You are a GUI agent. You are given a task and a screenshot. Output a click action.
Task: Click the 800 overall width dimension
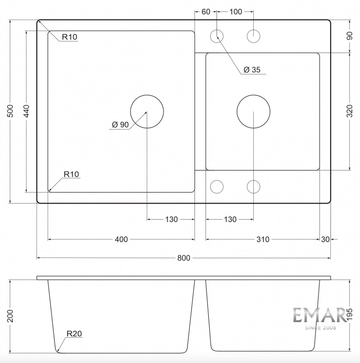click(x=184, y=258)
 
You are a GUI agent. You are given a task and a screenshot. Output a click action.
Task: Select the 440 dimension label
click(x=27, y=111)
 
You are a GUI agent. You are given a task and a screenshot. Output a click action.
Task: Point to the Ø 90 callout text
click(x=120, y=125)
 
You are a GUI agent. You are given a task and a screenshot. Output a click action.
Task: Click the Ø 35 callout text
click(x=252, y=69)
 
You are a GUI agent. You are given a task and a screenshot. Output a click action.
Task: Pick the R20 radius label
click(x=74, y=334)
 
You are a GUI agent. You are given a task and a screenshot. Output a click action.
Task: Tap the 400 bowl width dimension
click(x=121, y=239)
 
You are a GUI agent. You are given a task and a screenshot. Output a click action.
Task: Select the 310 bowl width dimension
click(x=263, y=239)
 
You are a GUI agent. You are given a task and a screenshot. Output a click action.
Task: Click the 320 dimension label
click(x=349, y=111)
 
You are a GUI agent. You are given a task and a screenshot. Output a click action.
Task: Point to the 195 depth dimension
click(x=349, y=314)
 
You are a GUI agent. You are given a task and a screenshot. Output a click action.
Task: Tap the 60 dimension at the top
click(x=206, y=11)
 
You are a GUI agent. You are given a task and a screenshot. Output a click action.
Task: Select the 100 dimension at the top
click(x=235, y=11)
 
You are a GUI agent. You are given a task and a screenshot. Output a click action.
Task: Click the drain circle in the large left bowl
click(x=147, y=111)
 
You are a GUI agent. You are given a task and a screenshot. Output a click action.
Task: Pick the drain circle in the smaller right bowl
click(x=253, y=111)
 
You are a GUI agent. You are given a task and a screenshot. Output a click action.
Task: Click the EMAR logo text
click(x=320, y=315)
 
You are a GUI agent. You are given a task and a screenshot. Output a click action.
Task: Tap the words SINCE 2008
click(x=320, y=328)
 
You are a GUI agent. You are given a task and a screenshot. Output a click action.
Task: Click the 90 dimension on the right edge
click(x=349, y=36)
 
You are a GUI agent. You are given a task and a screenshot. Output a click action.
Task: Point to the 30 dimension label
click(x=325, y=239)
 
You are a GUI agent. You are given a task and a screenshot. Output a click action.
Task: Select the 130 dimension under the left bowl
click(x=171, y=219)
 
